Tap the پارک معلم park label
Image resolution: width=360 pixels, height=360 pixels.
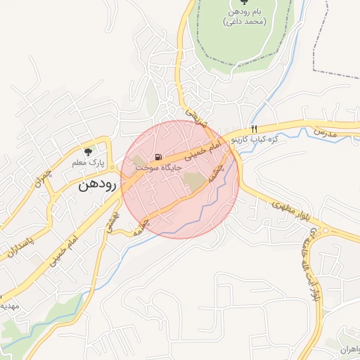87,163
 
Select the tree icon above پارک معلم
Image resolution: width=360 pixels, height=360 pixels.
88,151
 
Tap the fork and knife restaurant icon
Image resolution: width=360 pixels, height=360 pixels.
254,129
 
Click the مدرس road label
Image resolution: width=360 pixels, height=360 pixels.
326,131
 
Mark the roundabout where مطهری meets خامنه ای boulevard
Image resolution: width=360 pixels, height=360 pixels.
325,231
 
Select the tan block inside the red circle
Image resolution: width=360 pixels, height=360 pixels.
195,181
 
